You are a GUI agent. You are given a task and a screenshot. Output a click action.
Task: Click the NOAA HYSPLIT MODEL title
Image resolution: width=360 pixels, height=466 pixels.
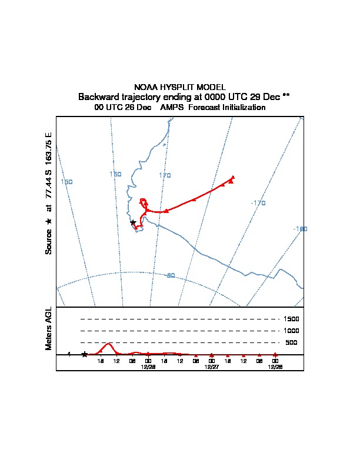point(180,87)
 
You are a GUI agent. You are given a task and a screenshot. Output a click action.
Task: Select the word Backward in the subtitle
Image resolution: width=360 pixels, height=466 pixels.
point(97,96)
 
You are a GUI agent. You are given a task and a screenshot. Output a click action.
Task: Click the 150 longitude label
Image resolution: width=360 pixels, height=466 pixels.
point(66,182)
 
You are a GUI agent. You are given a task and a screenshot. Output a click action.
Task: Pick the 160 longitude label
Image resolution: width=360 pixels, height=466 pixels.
point(115,174)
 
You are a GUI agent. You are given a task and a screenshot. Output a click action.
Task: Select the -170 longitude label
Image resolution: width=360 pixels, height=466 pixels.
point(258,203)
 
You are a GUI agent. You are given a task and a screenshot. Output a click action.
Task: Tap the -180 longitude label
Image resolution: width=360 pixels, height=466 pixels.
point(300,229)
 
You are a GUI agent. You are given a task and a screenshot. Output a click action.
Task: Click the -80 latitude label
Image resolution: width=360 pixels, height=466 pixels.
point(170,275)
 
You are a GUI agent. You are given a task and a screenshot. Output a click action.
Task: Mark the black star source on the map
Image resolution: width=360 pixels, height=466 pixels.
point(133,222)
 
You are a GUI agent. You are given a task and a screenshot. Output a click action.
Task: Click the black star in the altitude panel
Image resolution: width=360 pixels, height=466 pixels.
point(85,354)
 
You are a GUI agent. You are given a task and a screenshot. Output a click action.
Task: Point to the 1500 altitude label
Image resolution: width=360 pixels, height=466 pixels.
point(291,319)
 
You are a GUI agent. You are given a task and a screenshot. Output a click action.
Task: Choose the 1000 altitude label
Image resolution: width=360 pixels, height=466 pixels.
point(291,331)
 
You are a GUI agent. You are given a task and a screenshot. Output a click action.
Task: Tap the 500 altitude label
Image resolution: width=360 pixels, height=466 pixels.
point(291,342)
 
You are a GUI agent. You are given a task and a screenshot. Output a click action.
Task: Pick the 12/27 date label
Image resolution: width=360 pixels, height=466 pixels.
point(211,366)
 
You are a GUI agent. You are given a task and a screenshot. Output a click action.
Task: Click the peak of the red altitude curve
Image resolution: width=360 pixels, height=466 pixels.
point(108,344)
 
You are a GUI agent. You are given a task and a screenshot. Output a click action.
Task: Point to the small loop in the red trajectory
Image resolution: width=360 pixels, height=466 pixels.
point(143,202)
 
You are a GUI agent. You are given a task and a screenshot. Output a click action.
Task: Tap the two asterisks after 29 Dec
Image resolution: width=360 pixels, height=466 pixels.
point(286,96)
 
